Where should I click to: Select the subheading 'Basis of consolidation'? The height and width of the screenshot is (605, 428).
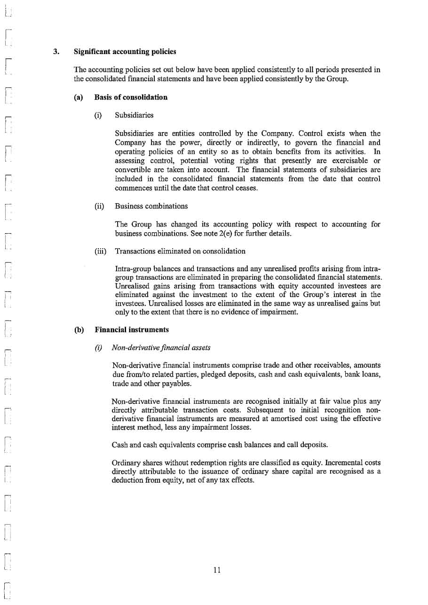click(131, 97)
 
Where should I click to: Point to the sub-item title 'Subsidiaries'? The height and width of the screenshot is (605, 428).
click(134, 115)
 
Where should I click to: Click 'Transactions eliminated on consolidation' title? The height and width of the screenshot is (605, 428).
click(180, 251)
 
